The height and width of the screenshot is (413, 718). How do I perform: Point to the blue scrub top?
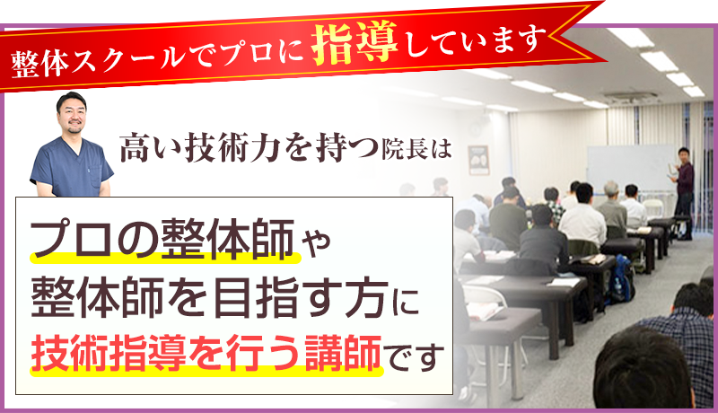[x=72, y=165]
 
